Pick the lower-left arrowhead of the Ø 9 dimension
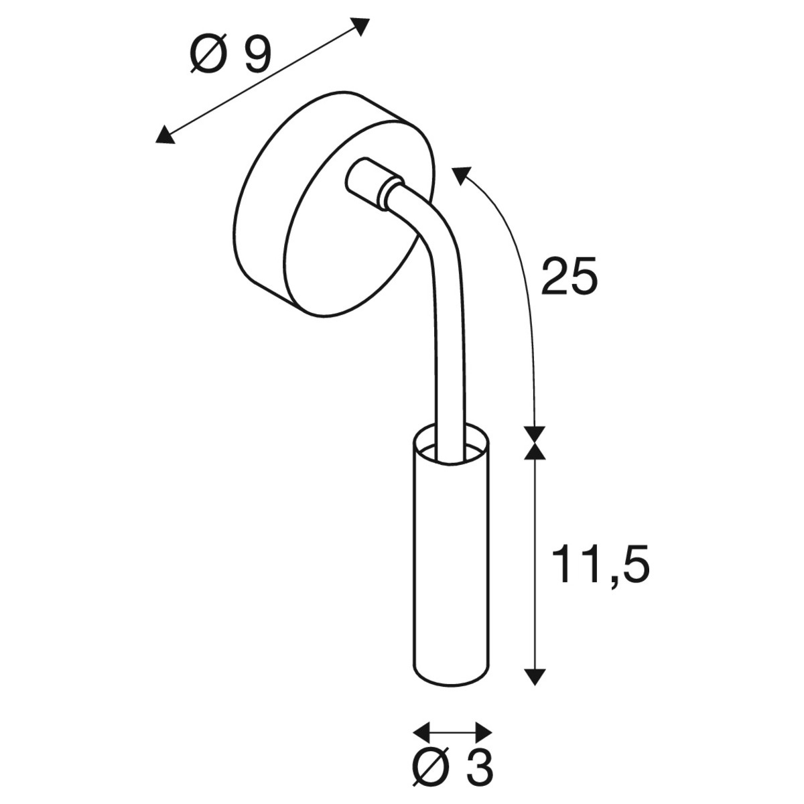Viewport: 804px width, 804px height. (163, 136)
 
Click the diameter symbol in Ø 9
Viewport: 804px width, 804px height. (208, 56)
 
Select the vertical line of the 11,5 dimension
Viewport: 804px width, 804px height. (534, 563)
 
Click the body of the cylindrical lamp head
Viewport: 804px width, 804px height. (450, 563)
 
